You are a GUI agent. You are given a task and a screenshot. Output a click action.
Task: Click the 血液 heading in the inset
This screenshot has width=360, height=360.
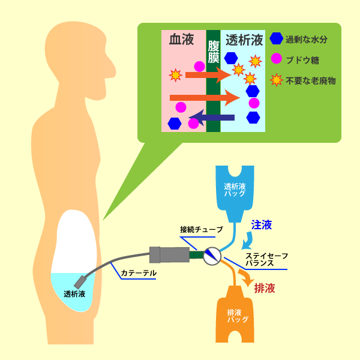[182, 40]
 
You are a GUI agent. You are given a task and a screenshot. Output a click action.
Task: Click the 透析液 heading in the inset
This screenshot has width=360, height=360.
[244, 40]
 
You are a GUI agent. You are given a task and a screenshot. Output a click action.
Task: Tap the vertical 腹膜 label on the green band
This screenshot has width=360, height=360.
[213, 54]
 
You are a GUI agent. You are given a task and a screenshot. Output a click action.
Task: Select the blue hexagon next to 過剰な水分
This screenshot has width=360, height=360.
[276, 39]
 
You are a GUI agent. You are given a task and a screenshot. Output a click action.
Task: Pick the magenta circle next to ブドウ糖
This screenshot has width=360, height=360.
[276, 59]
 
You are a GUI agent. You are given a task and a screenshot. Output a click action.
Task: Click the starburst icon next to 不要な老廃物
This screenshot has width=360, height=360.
[276, 79]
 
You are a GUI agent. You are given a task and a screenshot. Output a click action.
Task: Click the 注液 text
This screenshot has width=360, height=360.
[262, 225]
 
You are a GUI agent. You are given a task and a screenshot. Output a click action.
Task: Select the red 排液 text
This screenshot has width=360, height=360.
[265, 288]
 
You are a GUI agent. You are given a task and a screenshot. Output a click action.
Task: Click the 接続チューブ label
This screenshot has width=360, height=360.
[201, 230]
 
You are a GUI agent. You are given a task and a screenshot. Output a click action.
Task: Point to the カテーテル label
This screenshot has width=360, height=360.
[139, 273]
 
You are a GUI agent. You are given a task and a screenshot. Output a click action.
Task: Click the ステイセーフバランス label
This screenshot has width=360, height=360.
[267, 259]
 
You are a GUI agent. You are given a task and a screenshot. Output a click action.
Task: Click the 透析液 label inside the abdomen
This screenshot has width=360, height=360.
[74, 294]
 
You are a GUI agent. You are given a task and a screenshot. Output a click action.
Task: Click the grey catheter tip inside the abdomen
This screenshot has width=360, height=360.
[80, 280]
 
